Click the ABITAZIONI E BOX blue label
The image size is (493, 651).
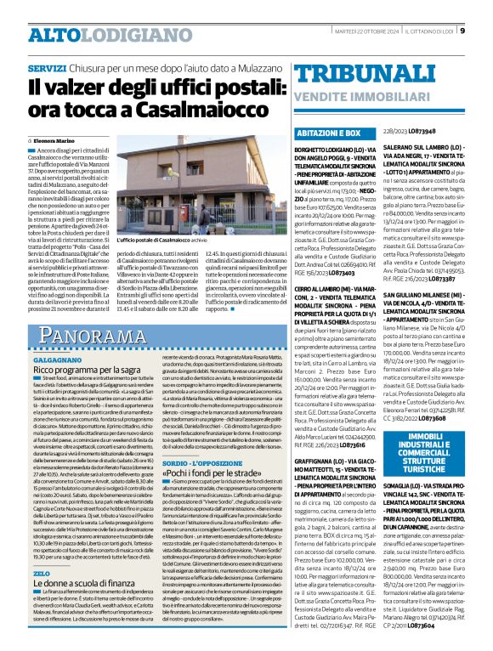point(353,133)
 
